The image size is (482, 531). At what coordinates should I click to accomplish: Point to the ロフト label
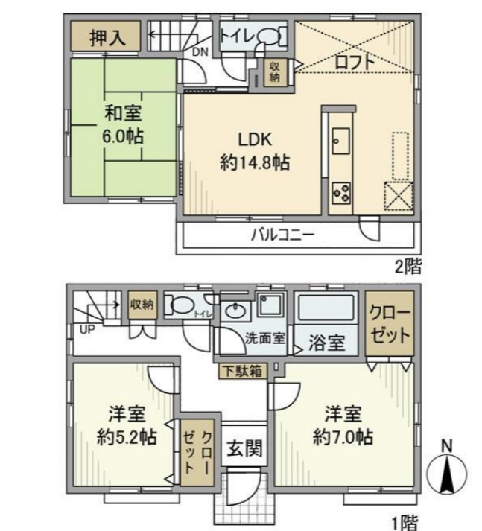click(x=355, y=63)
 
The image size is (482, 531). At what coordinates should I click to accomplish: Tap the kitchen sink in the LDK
click(x=342, y=139)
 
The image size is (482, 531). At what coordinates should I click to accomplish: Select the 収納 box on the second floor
click(x=274, y=71)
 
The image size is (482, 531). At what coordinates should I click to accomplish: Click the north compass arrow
click(x=447, y=475)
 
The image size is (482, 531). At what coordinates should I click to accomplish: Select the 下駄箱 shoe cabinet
click(x=241, y=370)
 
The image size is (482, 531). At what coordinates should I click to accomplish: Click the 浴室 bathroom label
click(x=326, y=343)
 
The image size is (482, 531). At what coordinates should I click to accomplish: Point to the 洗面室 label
click(x=265, y=338)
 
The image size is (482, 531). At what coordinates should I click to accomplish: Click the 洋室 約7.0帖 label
click(x=343, y=424)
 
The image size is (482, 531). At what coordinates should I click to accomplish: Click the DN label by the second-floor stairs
click(x=200, y=51)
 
